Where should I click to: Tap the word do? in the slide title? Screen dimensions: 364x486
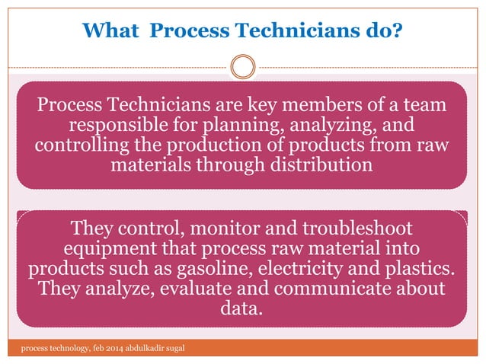[x=382, y=31]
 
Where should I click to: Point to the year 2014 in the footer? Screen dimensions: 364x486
[x=95, y=349]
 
